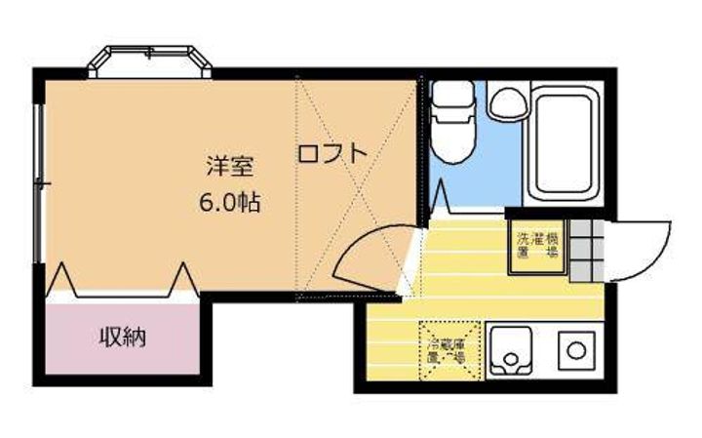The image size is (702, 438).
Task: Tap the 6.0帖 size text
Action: click(230, 204)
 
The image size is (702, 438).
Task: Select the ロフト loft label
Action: click(331, 153)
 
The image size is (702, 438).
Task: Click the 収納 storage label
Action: click(123, 338)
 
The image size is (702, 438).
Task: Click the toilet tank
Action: click(452, 96)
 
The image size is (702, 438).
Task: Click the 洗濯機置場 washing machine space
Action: click(537, 245)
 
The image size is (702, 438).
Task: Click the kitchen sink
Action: click(508, 350)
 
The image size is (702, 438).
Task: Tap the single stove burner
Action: click(576, 349)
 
